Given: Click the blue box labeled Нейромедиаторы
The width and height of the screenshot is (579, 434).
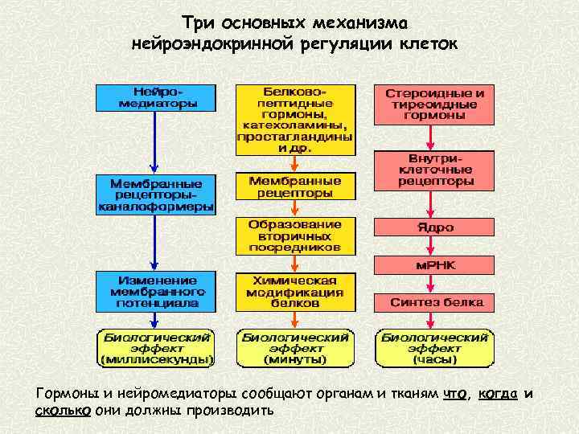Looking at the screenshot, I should pos(156,96).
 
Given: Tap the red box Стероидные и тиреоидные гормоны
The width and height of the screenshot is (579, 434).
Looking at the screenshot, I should pos(435,104).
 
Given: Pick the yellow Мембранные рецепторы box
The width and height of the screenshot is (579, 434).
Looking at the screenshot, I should pos(294,186).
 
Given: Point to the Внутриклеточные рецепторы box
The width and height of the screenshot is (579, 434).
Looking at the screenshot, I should pos(435,170).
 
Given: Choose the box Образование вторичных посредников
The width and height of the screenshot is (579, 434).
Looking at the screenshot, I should pos(294,235).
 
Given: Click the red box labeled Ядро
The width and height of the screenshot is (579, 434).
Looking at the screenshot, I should pos(435,227).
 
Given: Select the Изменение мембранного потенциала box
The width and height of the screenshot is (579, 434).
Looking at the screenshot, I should pos(156,292).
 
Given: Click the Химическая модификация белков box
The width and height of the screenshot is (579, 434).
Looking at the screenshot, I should pos(294,292).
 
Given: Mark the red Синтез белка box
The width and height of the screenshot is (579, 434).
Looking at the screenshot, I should pos(435,303).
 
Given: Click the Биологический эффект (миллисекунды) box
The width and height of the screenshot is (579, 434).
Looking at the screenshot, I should pos(156,348).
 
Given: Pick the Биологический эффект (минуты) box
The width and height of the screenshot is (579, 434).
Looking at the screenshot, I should pos(294,348).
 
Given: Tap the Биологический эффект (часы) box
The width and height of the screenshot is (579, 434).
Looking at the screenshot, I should pos(435,348).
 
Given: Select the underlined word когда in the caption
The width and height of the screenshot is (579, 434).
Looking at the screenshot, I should pos(497,394).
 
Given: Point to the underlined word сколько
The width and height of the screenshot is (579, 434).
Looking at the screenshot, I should pos(63,410).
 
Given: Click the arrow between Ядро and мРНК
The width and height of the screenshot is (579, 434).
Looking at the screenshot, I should pos(435,247).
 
